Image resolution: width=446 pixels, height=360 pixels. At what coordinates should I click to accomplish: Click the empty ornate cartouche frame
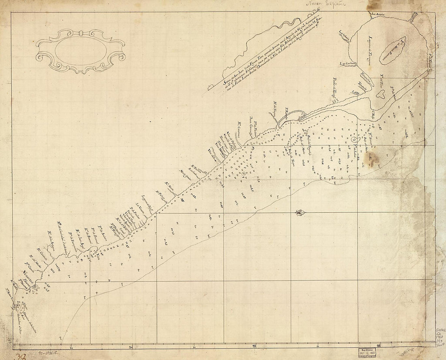click(80, 50)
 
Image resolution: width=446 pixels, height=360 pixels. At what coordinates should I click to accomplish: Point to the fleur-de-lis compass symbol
click(300, 212)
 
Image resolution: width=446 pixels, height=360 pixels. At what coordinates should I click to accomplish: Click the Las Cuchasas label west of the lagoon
click(347, 63)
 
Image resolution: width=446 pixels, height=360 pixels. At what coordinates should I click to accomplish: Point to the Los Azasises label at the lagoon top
click(377, 15)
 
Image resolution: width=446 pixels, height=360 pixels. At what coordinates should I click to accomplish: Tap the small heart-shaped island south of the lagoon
click(381, 94)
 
